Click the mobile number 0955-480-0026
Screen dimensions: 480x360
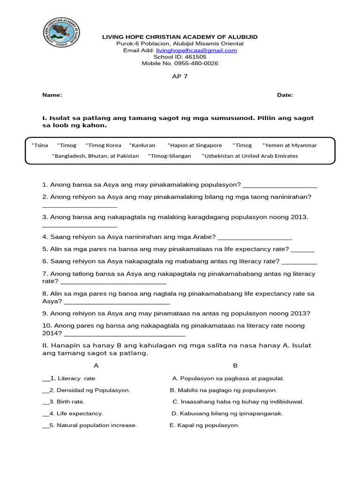pyautogui.click(x=196, y=63)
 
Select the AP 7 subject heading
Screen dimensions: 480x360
pyautogui.click(x=180, y=77)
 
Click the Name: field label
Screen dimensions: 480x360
pyautogui.click(x=52, y=95)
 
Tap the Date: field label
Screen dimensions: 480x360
pyautogui.click(x=285, y=95)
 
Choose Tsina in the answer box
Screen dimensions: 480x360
pyautogui.click(x=40, y=145)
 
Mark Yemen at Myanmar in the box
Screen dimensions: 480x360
pyautogui.click(x=290, y=145)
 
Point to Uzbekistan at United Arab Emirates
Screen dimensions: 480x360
pyautogui.click(x=250, y=156)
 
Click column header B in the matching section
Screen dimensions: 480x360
pyautogui.click(x=235, y=366)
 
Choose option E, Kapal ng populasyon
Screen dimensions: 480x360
pyautogui.click(x=204, y=425)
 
